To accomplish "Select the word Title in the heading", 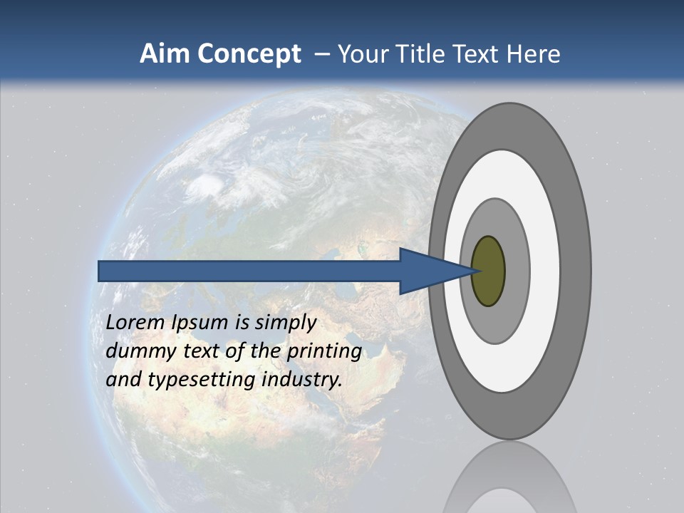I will click(421, 53).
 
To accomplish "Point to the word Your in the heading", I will click(361, 53).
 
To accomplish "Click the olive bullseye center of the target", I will click(488, 271).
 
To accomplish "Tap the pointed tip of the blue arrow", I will click(473, 271).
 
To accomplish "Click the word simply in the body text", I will click(285, 323).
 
